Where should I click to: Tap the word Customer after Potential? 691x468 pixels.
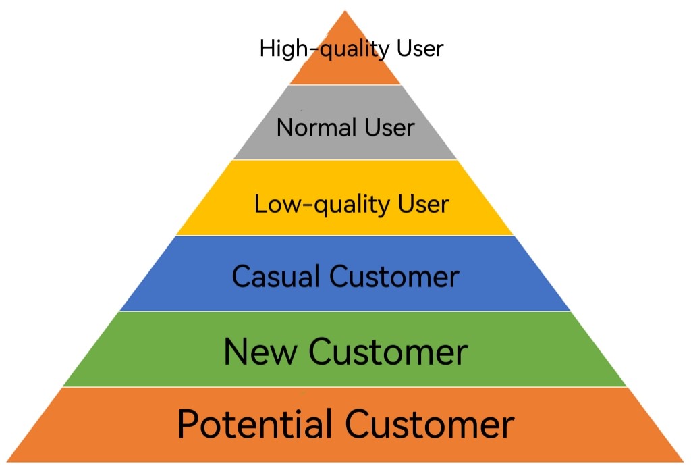tap(431, 424)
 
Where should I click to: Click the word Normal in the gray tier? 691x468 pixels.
tap(316, 127)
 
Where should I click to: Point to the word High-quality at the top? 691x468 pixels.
tap(325, 49)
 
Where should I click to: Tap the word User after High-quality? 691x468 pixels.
tap(419, 49)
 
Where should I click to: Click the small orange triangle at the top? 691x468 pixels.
tap(345, 68)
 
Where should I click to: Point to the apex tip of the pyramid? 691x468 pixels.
tap(345, 11)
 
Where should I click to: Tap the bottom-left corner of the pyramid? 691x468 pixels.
tap(8, 461)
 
